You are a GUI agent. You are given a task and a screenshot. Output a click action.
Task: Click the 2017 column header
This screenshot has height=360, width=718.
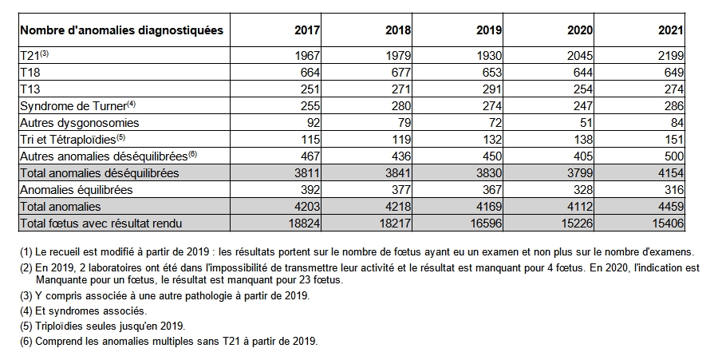coord(307,30)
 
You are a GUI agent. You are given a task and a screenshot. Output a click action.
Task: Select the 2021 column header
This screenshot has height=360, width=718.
coord(671,30)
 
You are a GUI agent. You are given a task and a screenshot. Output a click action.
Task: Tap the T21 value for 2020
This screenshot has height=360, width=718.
coord(580,56)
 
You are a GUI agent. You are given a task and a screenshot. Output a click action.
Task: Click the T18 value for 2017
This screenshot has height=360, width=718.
coord(310,73)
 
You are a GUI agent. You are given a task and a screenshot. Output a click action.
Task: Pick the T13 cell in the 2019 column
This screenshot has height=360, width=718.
coord(492,89)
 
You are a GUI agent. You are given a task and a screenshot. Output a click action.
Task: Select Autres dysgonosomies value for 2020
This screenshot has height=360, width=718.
coord(586,123)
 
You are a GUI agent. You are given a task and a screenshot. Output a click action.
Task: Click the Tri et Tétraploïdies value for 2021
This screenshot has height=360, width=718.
coord(674,139)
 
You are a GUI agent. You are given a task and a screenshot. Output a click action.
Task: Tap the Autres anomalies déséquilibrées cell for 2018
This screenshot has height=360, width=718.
coord(401,156)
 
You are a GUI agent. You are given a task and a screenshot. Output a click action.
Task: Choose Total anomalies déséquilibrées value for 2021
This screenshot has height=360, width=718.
coord(671,173)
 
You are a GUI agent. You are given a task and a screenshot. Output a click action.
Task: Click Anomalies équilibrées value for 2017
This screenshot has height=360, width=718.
coord(310,190)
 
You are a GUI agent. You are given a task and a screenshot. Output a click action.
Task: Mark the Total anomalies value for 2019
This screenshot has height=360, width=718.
coord(489,207)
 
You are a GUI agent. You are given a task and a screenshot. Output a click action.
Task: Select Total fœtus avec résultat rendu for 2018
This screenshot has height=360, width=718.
coord(395,224)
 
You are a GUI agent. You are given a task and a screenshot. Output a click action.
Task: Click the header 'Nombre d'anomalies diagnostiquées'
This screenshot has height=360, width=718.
coord(122,30)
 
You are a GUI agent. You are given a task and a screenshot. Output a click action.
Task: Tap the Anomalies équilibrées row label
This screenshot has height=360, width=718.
coord(76,190)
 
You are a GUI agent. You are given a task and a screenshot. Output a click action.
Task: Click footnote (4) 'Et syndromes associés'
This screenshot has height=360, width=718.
coord(83,311)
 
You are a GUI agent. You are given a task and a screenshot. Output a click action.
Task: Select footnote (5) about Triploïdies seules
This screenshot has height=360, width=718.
coord(103,326)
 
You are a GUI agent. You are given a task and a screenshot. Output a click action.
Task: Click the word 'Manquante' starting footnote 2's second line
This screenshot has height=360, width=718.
coord(58,279)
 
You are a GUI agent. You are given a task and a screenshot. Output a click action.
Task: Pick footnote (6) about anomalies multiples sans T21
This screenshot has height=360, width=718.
coord(168,342)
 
